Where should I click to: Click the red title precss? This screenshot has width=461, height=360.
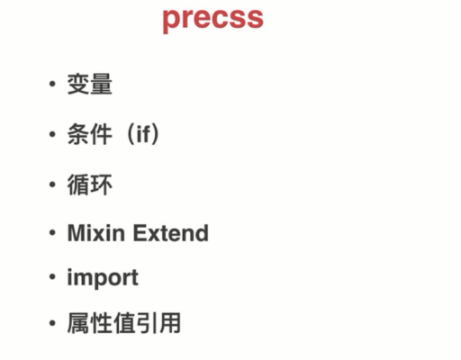212,20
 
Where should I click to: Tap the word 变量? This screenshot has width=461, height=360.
90,85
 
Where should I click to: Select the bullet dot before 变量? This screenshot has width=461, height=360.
52,84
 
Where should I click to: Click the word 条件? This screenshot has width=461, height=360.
90,134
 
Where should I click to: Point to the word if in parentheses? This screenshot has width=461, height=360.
143,134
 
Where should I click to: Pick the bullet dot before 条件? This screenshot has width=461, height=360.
52,134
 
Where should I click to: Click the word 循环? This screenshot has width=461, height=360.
90,184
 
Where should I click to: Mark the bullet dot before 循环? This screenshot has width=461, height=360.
52,184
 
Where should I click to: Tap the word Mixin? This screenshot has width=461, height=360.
96,232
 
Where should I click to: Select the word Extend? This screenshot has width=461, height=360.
171,232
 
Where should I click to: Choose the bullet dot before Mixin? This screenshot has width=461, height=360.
52,232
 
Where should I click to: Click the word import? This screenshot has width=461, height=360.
103,278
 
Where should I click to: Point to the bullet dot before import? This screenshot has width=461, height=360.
52,277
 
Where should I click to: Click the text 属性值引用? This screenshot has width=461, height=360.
124,323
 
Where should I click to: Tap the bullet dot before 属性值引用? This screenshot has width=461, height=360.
52,323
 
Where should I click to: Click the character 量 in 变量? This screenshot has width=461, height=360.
102,85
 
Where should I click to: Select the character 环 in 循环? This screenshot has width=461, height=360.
102,184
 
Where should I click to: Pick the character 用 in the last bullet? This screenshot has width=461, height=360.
170,323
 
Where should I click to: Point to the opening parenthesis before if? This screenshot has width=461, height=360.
131,134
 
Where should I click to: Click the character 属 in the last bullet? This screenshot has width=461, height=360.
78,323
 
